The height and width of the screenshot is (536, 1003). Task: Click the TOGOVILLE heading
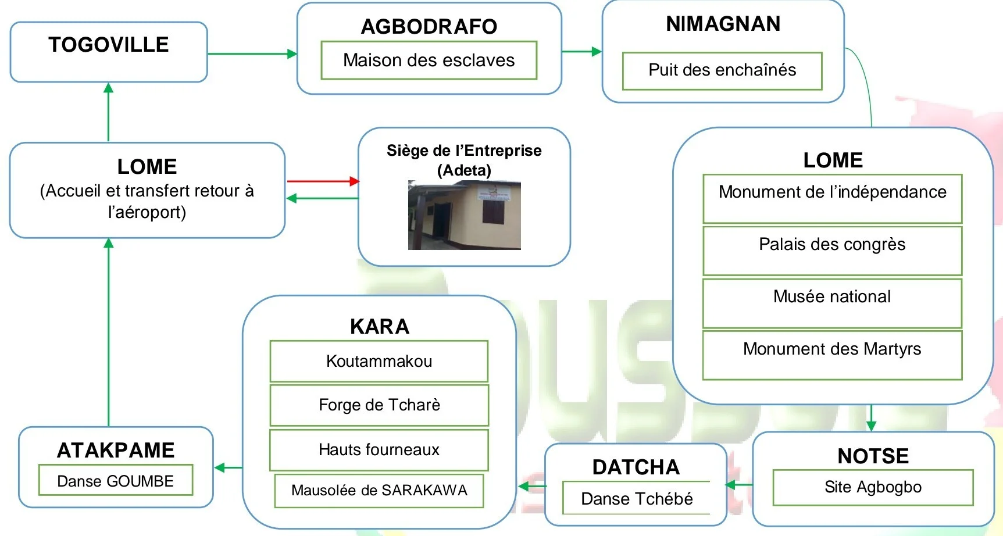click(109, 45)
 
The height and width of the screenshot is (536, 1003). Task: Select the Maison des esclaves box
click(429, 60)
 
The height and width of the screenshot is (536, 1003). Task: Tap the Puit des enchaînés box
click(722, 70)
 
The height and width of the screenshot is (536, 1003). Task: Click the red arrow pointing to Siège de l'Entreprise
click(323, 181)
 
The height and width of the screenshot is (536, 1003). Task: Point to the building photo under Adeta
click(464, 215)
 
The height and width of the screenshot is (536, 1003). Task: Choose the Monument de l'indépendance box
click(832, 198)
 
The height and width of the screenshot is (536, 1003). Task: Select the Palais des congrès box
click(832, 251)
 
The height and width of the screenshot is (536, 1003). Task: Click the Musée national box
click(832, 303)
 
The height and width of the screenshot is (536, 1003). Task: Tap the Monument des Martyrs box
click(832, 355)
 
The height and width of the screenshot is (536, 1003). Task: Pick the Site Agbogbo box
click(873, 487)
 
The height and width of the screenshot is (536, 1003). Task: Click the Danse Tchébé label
click(637, 499)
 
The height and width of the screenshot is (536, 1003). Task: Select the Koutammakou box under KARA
click(379, 361)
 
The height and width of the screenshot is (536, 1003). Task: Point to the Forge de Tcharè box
click(379, 405)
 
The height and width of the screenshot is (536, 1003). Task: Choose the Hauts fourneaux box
click(379, 449)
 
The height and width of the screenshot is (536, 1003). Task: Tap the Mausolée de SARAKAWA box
click(379, 491)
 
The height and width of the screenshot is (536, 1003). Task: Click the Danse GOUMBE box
click(116, 481)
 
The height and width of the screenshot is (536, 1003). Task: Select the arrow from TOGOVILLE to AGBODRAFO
click(252, 54)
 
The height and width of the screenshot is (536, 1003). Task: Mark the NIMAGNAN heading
click(723, 24)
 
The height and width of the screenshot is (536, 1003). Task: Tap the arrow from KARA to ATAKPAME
click(228, 467)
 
